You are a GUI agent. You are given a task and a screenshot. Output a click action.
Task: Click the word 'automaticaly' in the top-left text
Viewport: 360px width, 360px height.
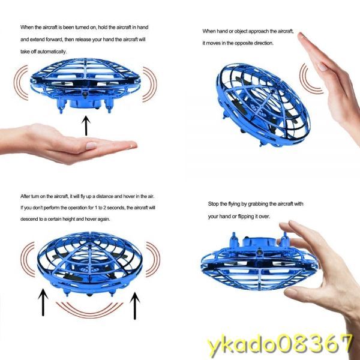[x=52, y=52]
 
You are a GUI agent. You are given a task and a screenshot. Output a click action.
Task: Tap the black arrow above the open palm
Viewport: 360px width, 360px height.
[x=86, y=125]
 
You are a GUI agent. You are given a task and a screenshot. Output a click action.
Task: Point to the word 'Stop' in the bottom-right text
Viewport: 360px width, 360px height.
[x=214, y=204]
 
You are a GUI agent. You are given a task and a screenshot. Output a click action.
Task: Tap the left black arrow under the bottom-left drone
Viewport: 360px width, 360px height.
[x=43, y=302]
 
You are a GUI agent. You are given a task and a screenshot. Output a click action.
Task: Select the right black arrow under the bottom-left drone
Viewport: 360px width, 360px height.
[x=135, y=305]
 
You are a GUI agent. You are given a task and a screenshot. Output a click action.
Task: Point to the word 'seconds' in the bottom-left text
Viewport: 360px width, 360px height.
[x=116, y=208]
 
